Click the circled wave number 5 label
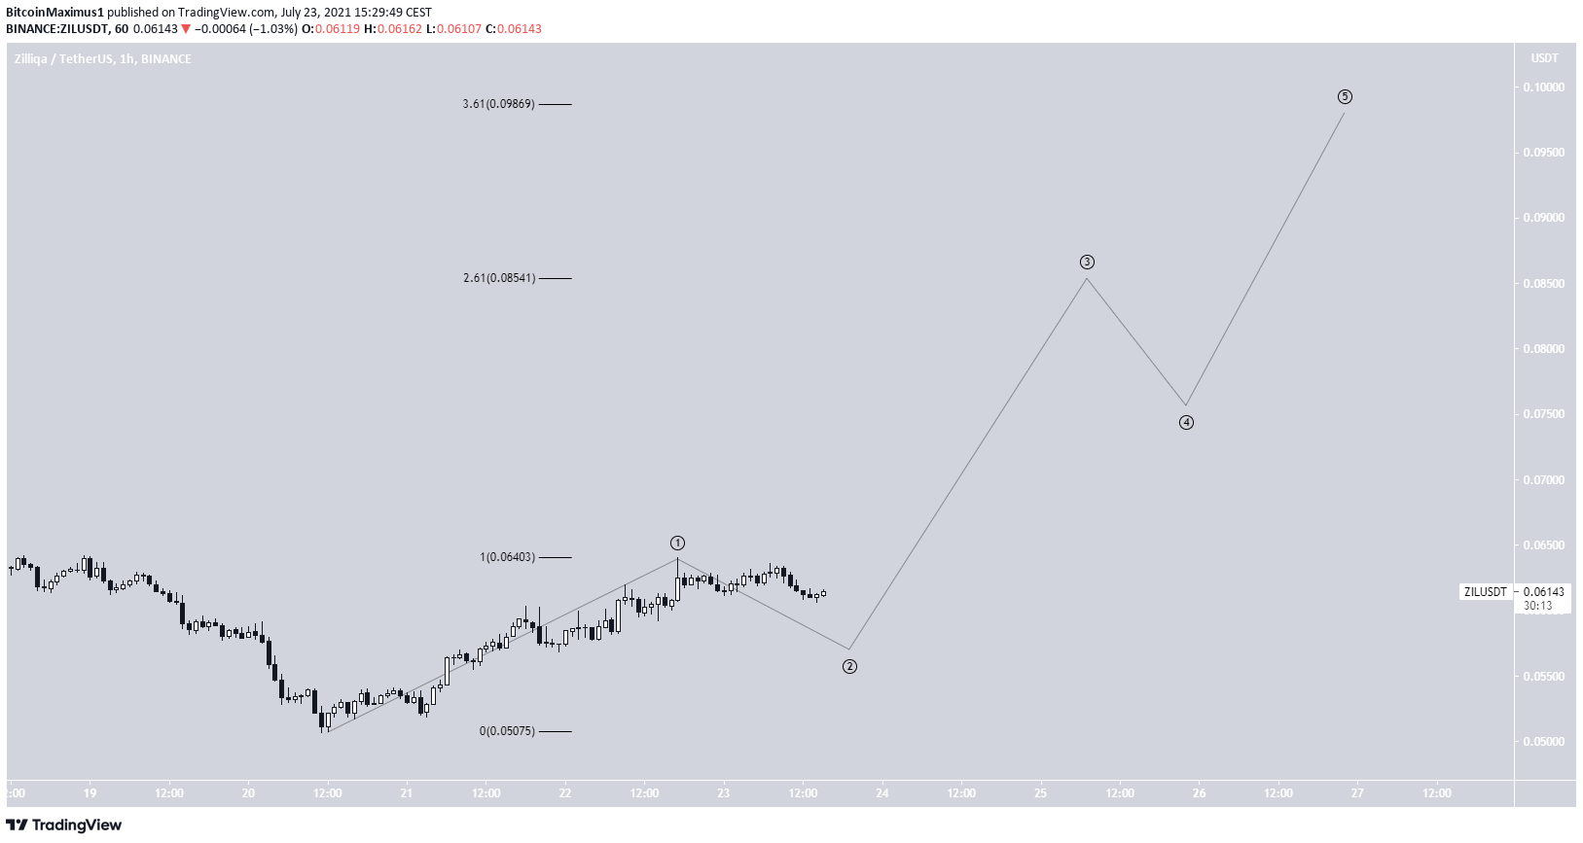pyautogui.click(x=1344, y=96)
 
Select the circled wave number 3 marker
pyautogui.click(x=1087, y=262)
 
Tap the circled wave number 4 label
pyautogui.click(x=1186, y=422)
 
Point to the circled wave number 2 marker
pyautogui.click(x=849, y=666)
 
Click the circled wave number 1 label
pyautogui.click(x=677, y=543)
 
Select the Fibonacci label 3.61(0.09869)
pyautogui.click(x=498, y=104)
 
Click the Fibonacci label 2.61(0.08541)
pyautogui.click(x=498, y=278)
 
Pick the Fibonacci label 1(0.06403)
pyautogui.click(x=507, y=557)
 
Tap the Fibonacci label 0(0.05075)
pyautogui.click(x=507, y=731)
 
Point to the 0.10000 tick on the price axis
pyautogui.click(x=1544, y=88)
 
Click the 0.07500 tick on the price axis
pyautogui.click(x=1544, y=414)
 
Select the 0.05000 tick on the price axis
pyautogui.click(x=1544, y=742)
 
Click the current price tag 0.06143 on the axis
pyautogui.click(x=1544, y=591)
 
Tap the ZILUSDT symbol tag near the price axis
pyautogui.click(x=1485, y=591)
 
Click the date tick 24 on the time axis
pyautogui.click(x=881, y=793)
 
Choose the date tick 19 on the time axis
pyautogui.click(x=90, y=793)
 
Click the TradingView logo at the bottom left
pyautogui.click(x=64, y=825)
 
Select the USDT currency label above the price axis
pyautogui.click(x=1544, y=58)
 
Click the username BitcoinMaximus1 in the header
pyautogui.click(x=54, y=13)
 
